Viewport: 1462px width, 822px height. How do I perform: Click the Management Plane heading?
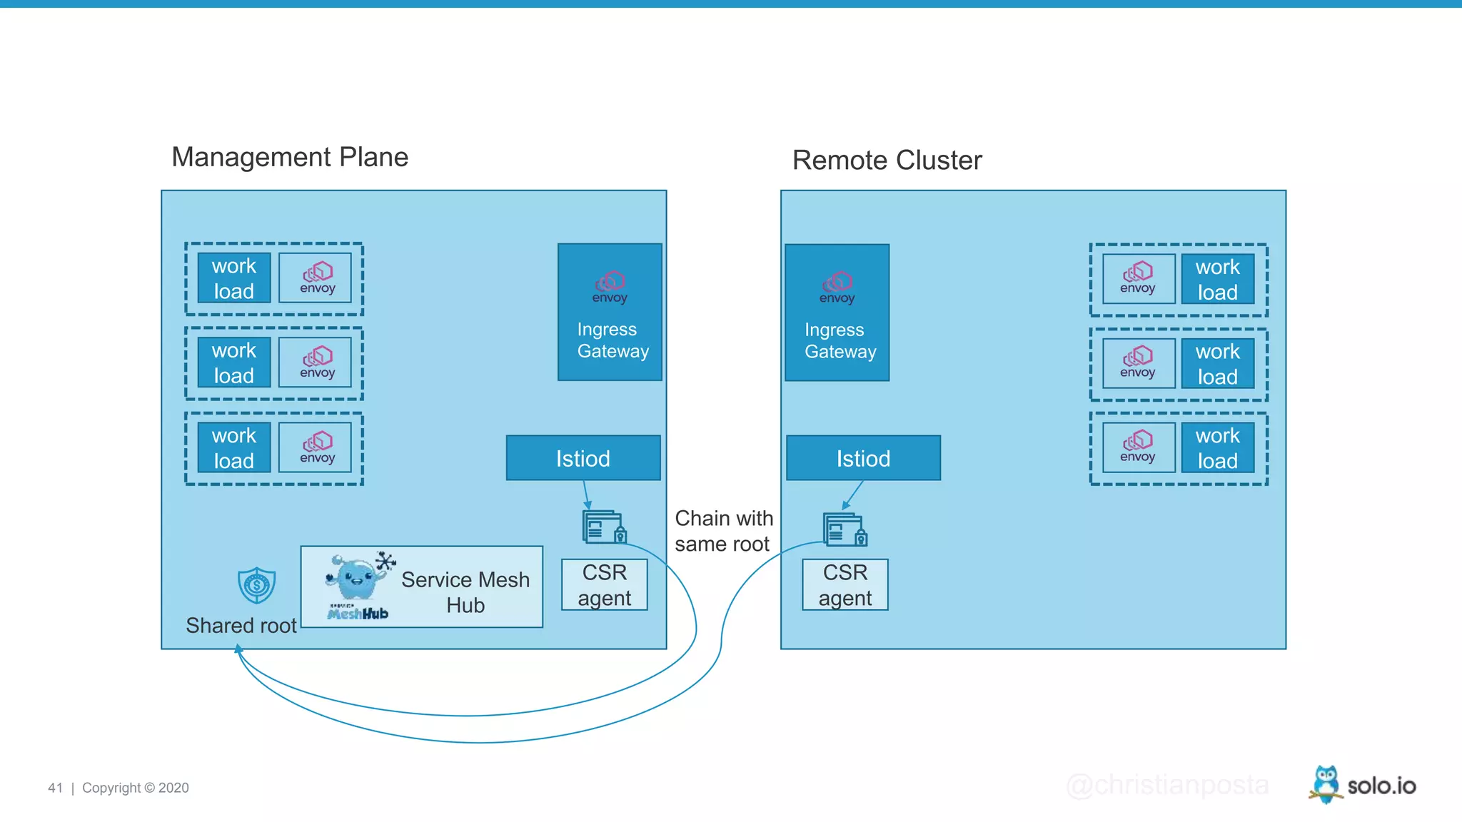coord(290,157)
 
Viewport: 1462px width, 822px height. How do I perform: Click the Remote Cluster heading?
coord(887,161)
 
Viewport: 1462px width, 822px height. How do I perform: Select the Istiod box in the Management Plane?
coord(583,458)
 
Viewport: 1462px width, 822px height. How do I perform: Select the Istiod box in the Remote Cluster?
coord(863,458)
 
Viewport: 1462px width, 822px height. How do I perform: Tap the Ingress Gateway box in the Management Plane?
coord(610,313)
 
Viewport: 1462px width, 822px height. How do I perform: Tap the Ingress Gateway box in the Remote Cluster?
coord(837,313)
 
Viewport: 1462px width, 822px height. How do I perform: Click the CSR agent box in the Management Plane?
coord(605,585)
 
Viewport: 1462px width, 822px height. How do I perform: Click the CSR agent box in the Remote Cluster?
coord(845,585)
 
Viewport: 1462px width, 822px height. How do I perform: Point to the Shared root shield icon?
coord(256,585)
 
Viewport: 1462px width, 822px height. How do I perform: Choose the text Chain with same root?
coord(723,531)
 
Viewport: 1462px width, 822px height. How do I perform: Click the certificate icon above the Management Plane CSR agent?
coord(604,527)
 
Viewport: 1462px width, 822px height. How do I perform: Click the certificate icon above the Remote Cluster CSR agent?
coord(845,529)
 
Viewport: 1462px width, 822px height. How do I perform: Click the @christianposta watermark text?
coord(1167,785)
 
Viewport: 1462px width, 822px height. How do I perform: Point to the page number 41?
coord(55,788)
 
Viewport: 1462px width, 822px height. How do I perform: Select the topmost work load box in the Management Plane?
coord(234,278)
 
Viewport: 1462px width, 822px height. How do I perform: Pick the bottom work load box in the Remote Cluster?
coord(1217,448)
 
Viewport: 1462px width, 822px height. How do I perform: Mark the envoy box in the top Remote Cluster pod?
coord(1138,278)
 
